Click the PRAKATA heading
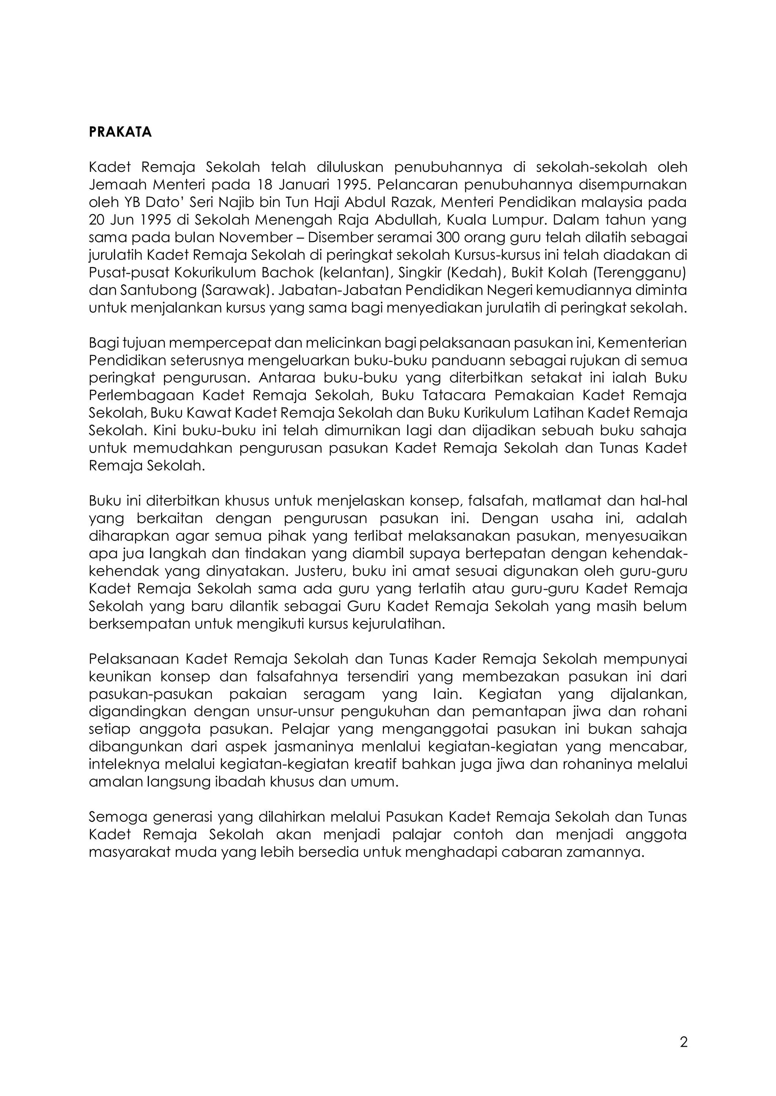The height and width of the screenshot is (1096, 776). tap(120, 132)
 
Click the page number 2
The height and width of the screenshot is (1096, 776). tap(683, 1042)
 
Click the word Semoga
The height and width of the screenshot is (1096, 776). tap(117, 817)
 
